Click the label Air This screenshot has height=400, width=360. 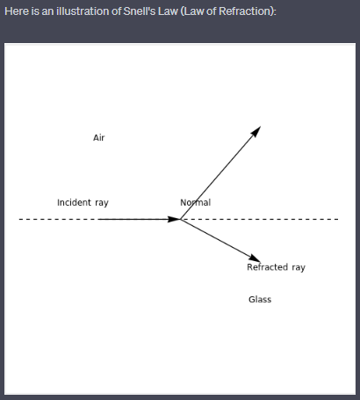tap(99, 138)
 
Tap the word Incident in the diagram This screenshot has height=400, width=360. tap(74, 202)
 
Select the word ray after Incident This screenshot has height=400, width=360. tap(102, 203)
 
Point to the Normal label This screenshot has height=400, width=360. tap(196, 202)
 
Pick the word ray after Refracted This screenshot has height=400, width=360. tap(299, 268)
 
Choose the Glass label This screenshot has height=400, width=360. tap(260, 300)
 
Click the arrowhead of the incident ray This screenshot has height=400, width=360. tap(174, 219)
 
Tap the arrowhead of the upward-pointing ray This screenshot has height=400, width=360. tap(256, 132)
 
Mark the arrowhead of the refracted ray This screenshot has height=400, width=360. tap(255, 258)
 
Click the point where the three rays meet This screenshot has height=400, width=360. tap(180, 219)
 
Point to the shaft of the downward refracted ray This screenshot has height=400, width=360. tap(220, 241)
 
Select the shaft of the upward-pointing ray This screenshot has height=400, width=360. tap(220, 173)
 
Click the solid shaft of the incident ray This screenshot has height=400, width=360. tap(139, 219)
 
